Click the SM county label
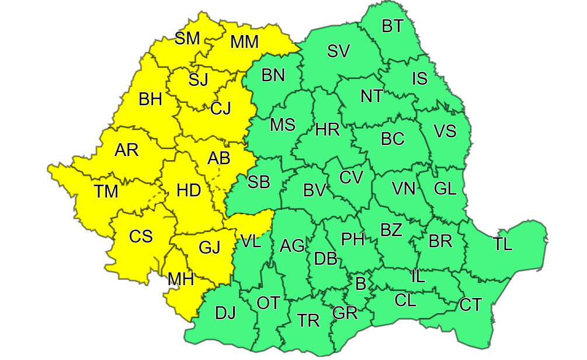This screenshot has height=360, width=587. click(x=187, y=39)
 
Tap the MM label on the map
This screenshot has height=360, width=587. click(x=244, y=42)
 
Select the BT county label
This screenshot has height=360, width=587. click(x=393, y=26)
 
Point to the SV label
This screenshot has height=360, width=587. click(x=338, y=51)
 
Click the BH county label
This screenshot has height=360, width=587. click(x=151, y=99)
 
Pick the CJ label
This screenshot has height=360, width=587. click(x=221, y=108)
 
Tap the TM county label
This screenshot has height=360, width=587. click(x=106, y=191)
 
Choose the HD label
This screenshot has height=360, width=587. click(x=189, y=191)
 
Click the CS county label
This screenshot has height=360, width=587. click(x=141, y=237)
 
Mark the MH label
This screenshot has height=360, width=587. click(x=180, y=279)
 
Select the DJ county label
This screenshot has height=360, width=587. click(x=225, y=314)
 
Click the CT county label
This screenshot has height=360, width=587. click(x=471, y=305)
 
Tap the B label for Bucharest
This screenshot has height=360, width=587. click(x=360, y=285)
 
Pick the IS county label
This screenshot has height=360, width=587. click(x=419, y=78)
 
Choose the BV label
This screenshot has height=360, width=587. click(x=314, y=191)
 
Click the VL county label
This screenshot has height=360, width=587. click(x=251, y=242)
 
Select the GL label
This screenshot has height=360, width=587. click(x=445, y=188)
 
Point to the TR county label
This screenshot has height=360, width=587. click(x=308, y=321)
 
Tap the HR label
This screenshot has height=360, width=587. click(x=327, y=130)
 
